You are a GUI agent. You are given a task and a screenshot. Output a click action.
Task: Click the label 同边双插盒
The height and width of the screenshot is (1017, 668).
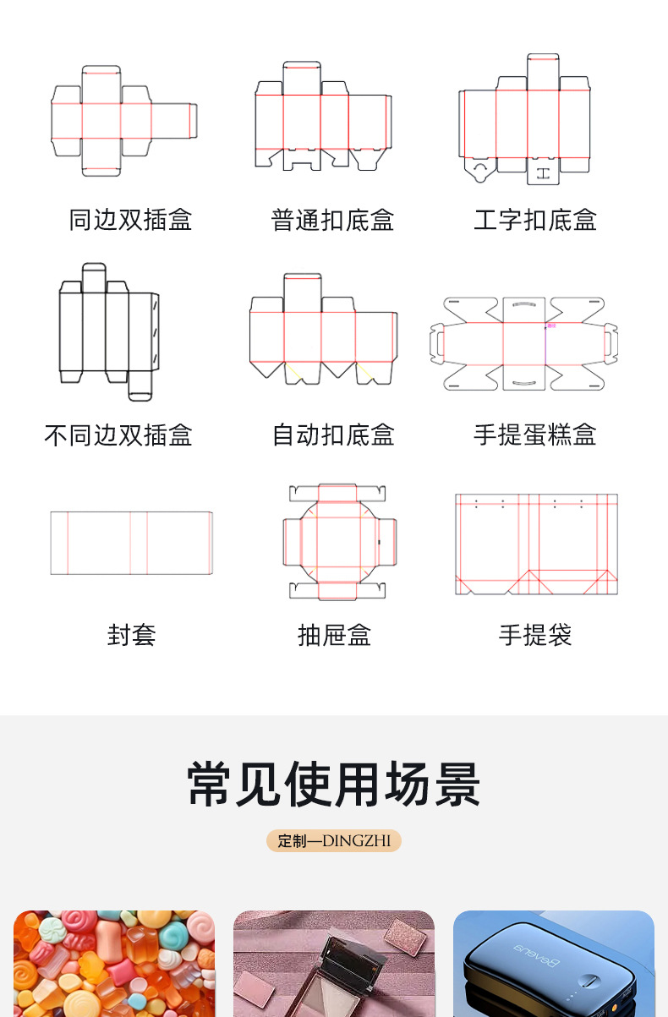click(x=130, y=221)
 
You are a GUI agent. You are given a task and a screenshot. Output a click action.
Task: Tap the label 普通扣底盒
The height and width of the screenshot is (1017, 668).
click(x=332, y=221)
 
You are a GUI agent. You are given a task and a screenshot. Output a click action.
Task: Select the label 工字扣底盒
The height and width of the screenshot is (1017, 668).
click(x=535, y=221)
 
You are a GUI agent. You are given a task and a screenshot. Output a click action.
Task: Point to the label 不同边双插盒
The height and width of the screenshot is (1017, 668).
click(x=118, y=435)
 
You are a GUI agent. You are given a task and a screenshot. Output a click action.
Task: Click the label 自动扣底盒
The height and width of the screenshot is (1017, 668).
click(x=332, y=435)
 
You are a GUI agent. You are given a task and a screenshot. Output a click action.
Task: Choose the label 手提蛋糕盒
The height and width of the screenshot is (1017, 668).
click(x=535, y=435)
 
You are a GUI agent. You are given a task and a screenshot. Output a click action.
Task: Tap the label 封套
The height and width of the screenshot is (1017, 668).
click(x=131, y=635)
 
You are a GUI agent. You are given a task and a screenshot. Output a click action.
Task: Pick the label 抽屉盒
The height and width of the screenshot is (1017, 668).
click(x=334, y=635)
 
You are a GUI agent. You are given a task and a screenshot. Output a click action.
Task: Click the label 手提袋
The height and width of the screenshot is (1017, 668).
click(x=535, y=635)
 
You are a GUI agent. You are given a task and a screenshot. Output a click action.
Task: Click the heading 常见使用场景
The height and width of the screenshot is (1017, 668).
click(x=334, y=784)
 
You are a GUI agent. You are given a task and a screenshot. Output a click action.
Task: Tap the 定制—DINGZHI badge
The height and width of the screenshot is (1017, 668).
click(x=334, y=841)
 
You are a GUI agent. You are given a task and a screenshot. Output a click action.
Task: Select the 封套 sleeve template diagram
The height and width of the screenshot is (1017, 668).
click(x=131, y=543)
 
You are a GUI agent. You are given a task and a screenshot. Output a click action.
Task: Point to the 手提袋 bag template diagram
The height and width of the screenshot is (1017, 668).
click(x=536, y=544)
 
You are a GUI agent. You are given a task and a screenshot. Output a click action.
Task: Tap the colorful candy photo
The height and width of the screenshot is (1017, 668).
click(x=114, y=964)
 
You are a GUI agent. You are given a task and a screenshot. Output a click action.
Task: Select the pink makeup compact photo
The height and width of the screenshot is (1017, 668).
click(x=334, y=964)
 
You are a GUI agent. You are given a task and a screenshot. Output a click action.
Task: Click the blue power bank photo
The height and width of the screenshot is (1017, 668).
click(x=554, y=964)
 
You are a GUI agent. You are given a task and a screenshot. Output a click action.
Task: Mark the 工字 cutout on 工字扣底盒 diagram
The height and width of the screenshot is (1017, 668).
click(x=543, y=174)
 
